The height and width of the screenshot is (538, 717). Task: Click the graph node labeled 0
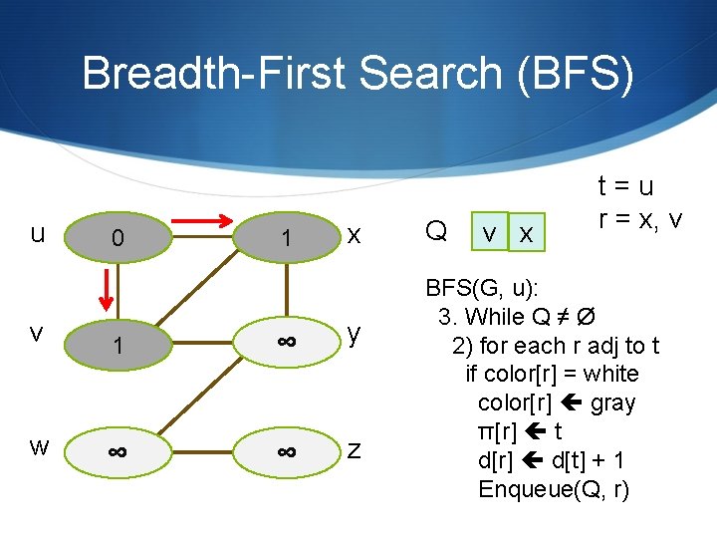pos(117,238)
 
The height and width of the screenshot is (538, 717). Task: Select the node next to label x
pos(286,238)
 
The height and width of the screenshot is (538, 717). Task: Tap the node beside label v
pos(117,345)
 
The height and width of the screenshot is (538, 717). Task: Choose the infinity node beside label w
pos(117,451)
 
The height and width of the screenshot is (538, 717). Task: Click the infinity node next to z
pos(286,451)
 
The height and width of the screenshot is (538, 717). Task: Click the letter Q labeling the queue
pos(435,231)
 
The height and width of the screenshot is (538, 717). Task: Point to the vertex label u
pos(37,233)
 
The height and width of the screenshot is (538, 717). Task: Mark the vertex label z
pos(354,450)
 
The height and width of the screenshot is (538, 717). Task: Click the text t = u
pos(625,186)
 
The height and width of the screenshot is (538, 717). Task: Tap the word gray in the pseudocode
pos(613,403)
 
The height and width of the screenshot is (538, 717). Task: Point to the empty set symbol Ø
pos(588,317)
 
